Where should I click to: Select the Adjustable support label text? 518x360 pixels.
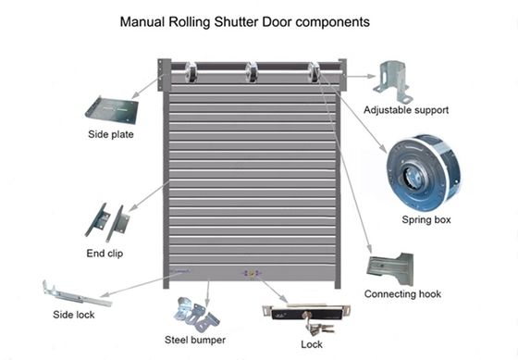click(x=405, y=109)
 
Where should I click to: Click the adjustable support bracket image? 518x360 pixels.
click(x=392, y=81)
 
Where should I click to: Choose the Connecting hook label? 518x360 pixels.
click(x=401, y=294)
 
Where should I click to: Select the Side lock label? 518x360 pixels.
click(x=75, y=315)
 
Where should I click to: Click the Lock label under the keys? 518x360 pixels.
click(x=312, y=343)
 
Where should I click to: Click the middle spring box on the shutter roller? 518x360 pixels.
click(x=252, y=71)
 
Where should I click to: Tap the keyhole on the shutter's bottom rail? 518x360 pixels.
click(x=246, y=274)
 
